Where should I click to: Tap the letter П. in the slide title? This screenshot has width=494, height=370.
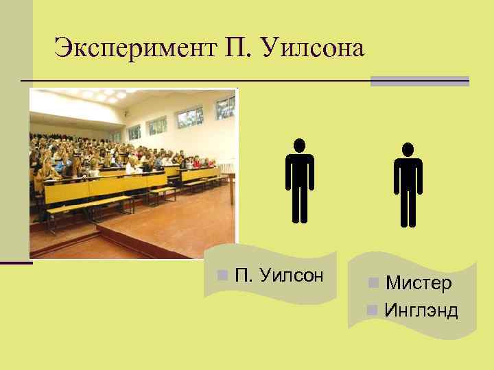point(234,49)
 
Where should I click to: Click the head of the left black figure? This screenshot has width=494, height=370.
point(300,145)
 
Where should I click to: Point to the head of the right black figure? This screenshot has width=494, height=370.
point(408,149)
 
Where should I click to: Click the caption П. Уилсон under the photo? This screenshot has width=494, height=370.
point(279,275)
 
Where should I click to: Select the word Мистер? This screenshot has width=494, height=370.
point(419,283)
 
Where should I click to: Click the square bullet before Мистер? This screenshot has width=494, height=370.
point(373,283)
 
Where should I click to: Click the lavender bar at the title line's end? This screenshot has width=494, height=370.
point(419,81)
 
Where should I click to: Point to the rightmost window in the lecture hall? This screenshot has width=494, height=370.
point(224,107)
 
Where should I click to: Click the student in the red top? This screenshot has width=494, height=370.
point(199,164)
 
